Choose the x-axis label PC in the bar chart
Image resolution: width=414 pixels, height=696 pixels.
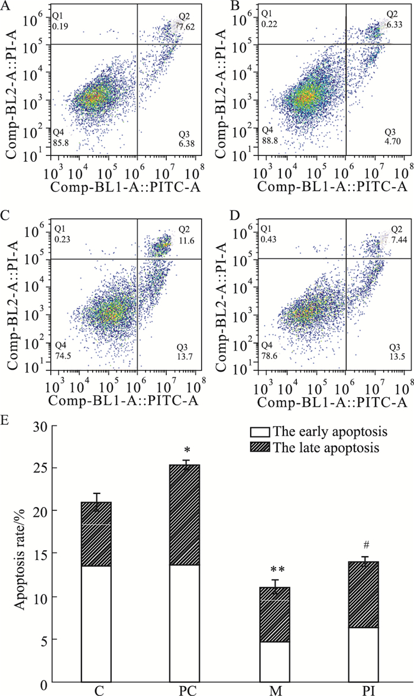pyautogui.click(x=186, y=690)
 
